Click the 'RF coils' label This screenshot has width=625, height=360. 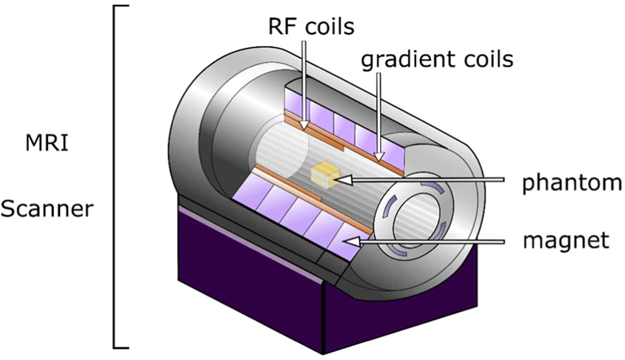311,27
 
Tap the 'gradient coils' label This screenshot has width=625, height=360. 437,59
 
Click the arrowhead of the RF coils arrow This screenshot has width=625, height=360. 306,127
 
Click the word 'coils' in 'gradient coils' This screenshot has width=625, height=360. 487,59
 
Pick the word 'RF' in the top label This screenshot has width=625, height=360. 280,27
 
